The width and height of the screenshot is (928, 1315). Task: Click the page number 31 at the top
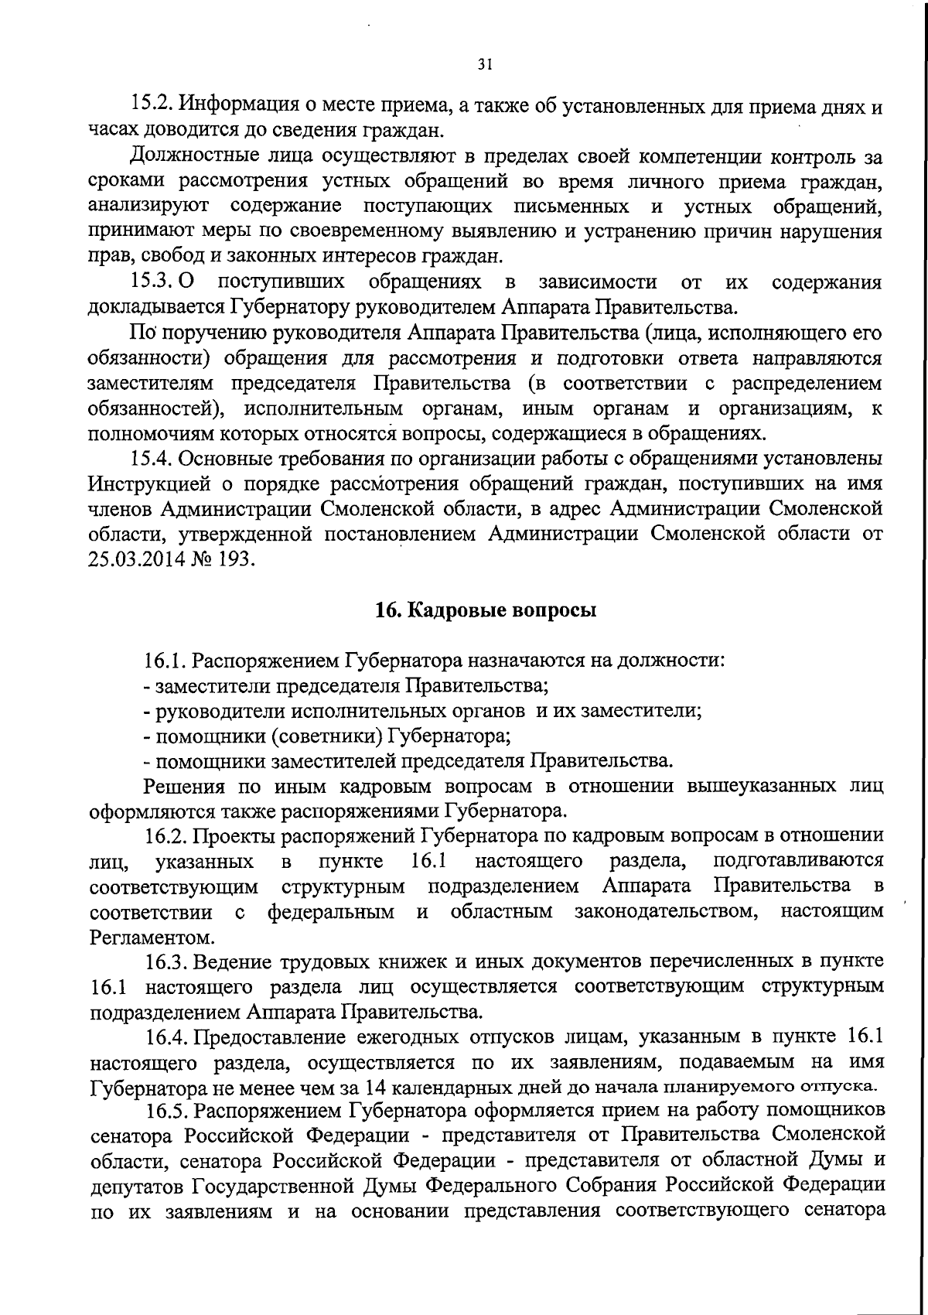click(x=485, y=65)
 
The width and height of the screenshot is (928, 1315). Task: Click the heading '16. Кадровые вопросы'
click(x=486, y=610)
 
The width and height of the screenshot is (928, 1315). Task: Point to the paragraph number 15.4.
click(x=152, y=459)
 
